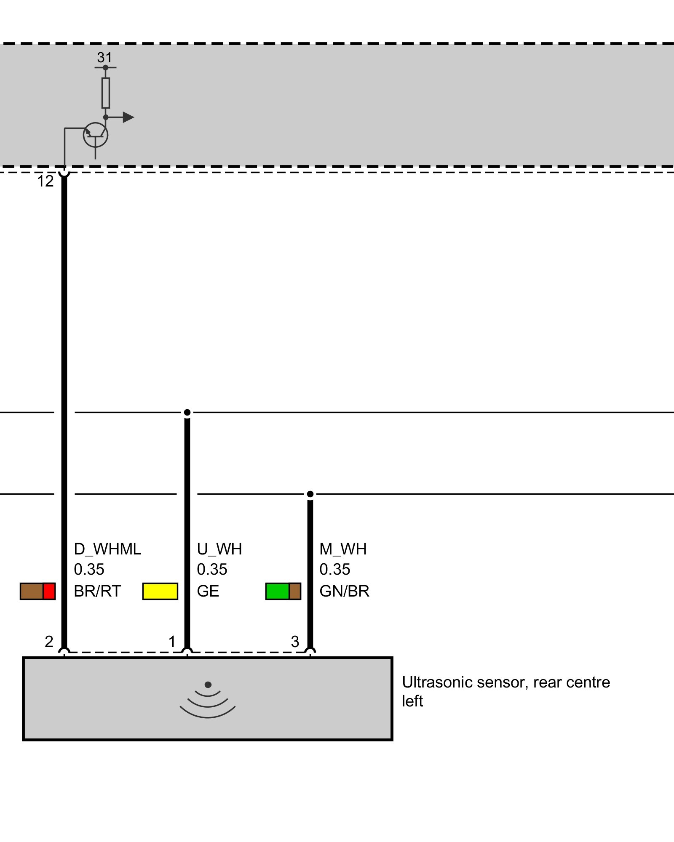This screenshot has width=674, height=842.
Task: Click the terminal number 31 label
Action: [x=104, y=57]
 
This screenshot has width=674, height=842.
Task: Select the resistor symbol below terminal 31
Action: [x=106, y=93]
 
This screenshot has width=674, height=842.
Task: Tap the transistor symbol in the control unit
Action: [x=96, y=135]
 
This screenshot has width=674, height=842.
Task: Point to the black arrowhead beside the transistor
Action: [x=128, y=117]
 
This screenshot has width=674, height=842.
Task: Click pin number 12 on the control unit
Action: [x=45, y=181]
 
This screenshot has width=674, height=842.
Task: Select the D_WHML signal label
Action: [x=107, y=549]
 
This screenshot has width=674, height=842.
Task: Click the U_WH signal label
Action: [x=219, y=549]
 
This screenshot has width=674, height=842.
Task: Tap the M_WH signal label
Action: [x=343, y=549]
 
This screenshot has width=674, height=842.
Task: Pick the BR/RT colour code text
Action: [x=97, y=591]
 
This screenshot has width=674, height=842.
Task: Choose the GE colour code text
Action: [x=208, y=591]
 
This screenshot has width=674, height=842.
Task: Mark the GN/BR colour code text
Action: [x=344, y=591]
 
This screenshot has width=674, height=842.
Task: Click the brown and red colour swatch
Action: [x=37, y=591]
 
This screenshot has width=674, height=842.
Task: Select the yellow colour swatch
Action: [x=160, y=591]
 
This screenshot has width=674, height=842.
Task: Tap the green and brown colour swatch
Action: [x=283, y=591]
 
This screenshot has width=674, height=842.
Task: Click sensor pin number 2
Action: [x=49, y=642]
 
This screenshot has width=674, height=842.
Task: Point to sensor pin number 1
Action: [x=172, y=642]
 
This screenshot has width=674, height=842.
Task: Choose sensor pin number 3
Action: [x=295, y=642]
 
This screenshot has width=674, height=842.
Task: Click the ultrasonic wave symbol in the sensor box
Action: [x=208, y=699]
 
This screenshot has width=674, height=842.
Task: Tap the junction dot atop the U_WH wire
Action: [x=187, y=412]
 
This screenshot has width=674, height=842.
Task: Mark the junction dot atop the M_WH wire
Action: [x=310, y=494]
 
